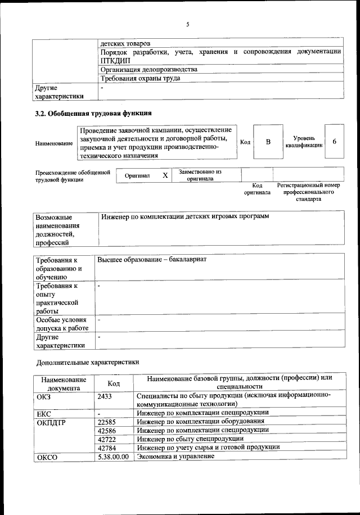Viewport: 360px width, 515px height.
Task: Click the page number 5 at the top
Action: click(x=188, y=24)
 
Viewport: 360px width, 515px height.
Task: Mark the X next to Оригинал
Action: click(x=165, y=175)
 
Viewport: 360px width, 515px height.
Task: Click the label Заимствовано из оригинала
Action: click(x=200, y=175)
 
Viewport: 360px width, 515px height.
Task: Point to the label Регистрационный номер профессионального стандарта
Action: click(x=309, y=192)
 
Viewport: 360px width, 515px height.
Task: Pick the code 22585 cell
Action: click(x=107, y=421)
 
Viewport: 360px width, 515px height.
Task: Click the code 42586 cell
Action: click(x=107, y=430)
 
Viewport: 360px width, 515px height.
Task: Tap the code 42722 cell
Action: click(x=107, y=438)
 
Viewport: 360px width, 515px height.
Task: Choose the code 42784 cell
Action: click(x=107, y=447)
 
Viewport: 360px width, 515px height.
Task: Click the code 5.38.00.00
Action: click(x=113, y=457)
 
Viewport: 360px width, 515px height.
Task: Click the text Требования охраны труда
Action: click(x=140, y=78)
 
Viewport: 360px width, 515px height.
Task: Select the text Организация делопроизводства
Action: click(x=148, y=69)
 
